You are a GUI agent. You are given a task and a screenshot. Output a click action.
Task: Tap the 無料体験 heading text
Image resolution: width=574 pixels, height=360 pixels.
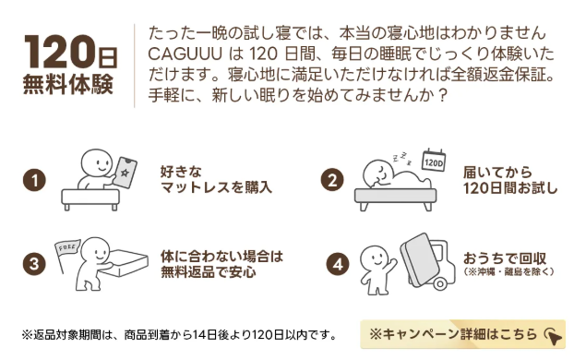point(68,85)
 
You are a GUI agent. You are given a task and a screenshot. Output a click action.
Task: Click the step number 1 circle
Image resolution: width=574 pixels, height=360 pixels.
point(34,180)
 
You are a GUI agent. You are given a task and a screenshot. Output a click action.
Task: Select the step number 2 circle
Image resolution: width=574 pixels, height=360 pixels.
point(332,180)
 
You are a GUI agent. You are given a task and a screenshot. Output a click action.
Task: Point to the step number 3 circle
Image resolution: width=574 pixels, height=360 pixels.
point(34,264)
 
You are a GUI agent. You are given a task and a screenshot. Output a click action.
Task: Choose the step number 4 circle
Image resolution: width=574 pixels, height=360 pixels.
point(337,264)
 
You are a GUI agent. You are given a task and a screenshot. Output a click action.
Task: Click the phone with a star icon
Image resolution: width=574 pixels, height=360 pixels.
point(125,173)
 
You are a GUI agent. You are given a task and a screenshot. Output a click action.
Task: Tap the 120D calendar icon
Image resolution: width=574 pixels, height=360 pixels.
point(434,161)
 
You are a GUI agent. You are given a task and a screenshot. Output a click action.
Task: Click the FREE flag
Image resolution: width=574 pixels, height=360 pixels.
point(67,250)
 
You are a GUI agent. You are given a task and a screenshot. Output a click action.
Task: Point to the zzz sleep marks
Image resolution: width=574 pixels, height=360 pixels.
point(402,158)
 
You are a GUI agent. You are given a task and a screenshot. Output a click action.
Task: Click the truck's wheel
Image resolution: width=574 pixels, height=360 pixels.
point(440,283)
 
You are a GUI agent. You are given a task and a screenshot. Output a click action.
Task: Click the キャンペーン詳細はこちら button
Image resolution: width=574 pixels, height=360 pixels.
point(462,334)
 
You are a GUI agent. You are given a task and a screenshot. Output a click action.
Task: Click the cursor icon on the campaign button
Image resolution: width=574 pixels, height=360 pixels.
point(553,336)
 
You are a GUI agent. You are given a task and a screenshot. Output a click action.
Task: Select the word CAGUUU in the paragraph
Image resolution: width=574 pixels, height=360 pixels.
point(185,54)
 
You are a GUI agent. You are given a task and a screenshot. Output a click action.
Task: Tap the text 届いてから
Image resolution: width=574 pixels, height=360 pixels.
point(497,172)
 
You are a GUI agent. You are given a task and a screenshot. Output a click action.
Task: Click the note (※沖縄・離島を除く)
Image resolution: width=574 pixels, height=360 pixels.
point(508,271)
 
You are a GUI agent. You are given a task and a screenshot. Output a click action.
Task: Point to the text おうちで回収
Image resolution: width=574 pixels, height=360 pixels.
point(505,258)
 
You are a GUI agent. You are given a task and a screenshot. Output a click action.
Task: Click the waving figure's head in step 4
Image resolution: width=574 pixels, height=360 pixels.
point(375,258)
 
